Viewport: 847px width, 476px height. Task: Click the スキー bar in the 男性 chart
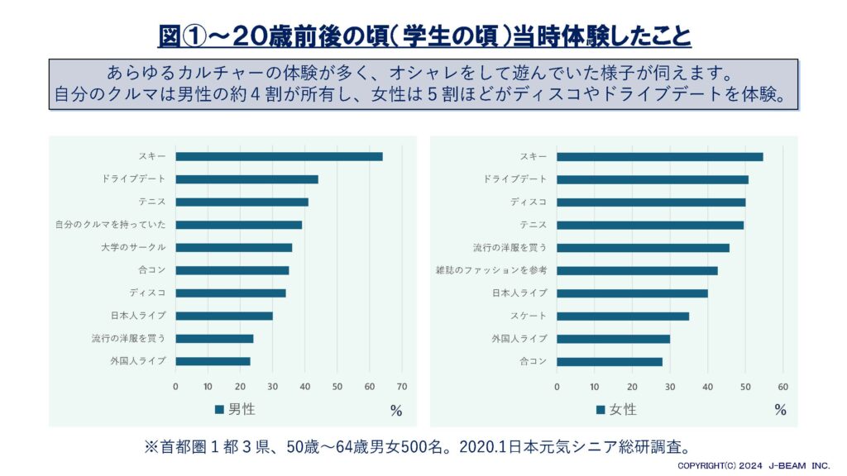279,156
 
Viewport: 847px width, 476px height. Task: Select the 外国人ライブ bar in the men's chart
213,361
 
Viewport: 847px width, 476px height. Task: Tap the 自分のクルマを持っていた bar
238,225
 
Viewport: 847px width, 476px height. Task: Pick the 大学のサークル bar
233,247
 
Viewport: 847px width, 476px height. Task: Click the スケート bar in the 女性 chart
623,316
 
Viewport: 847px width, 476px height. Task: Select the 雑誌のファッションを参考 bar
637,270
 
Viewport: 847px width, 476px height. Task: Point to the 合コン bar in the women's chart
610,361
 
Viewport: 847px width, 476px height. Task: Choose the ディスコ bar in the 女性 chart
651,202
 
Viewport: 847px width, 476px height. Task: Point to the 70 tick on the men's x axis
402,386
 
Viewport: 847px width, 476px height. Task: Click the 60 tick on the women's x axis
783,386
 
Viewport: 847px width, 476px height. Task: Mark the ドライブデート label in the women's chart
514,179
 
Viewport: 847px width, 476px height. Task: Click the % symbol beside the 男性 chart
396,410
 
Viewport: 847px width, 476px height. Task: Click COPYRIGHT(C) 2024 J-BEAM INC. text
754,467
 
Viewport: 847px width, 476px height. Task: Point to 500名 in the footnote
432,446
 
